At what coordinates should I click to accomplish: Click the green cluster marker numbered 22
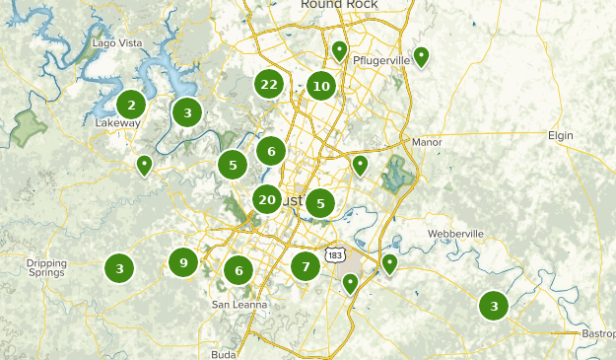point(269,85)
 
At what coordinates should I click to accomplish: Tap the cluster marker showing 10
point(320,86)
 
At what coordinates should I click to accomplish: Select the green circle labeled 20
point(266,199)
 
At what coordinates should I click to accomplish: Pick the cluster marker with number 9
point(182,262)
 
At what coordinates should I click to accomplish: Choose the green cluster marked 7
point(306,265)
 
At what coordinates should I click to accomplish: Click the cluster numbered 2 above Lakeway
point(131,104)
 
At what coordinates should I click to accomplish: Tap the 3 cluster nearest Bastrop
point(494,305)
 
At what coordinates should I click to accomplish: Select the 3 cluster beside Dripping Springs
point(119,266)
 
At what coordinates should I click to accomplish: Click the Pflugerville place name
point(379,59)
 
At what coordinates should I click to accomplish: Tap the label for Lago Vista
point(117,43)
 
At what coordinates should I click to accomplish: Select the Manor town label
point(427,142)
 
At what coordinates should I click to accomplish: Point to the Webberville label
point(456,234)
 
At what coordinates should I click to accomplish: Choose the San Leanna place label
point(240,305)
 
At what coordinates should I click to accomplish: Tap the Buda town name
point(224,353)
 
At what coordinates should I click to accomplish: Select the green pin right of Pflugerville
point(421,57)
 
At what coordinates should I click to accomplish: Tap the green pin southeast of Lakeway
point(144,165)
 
